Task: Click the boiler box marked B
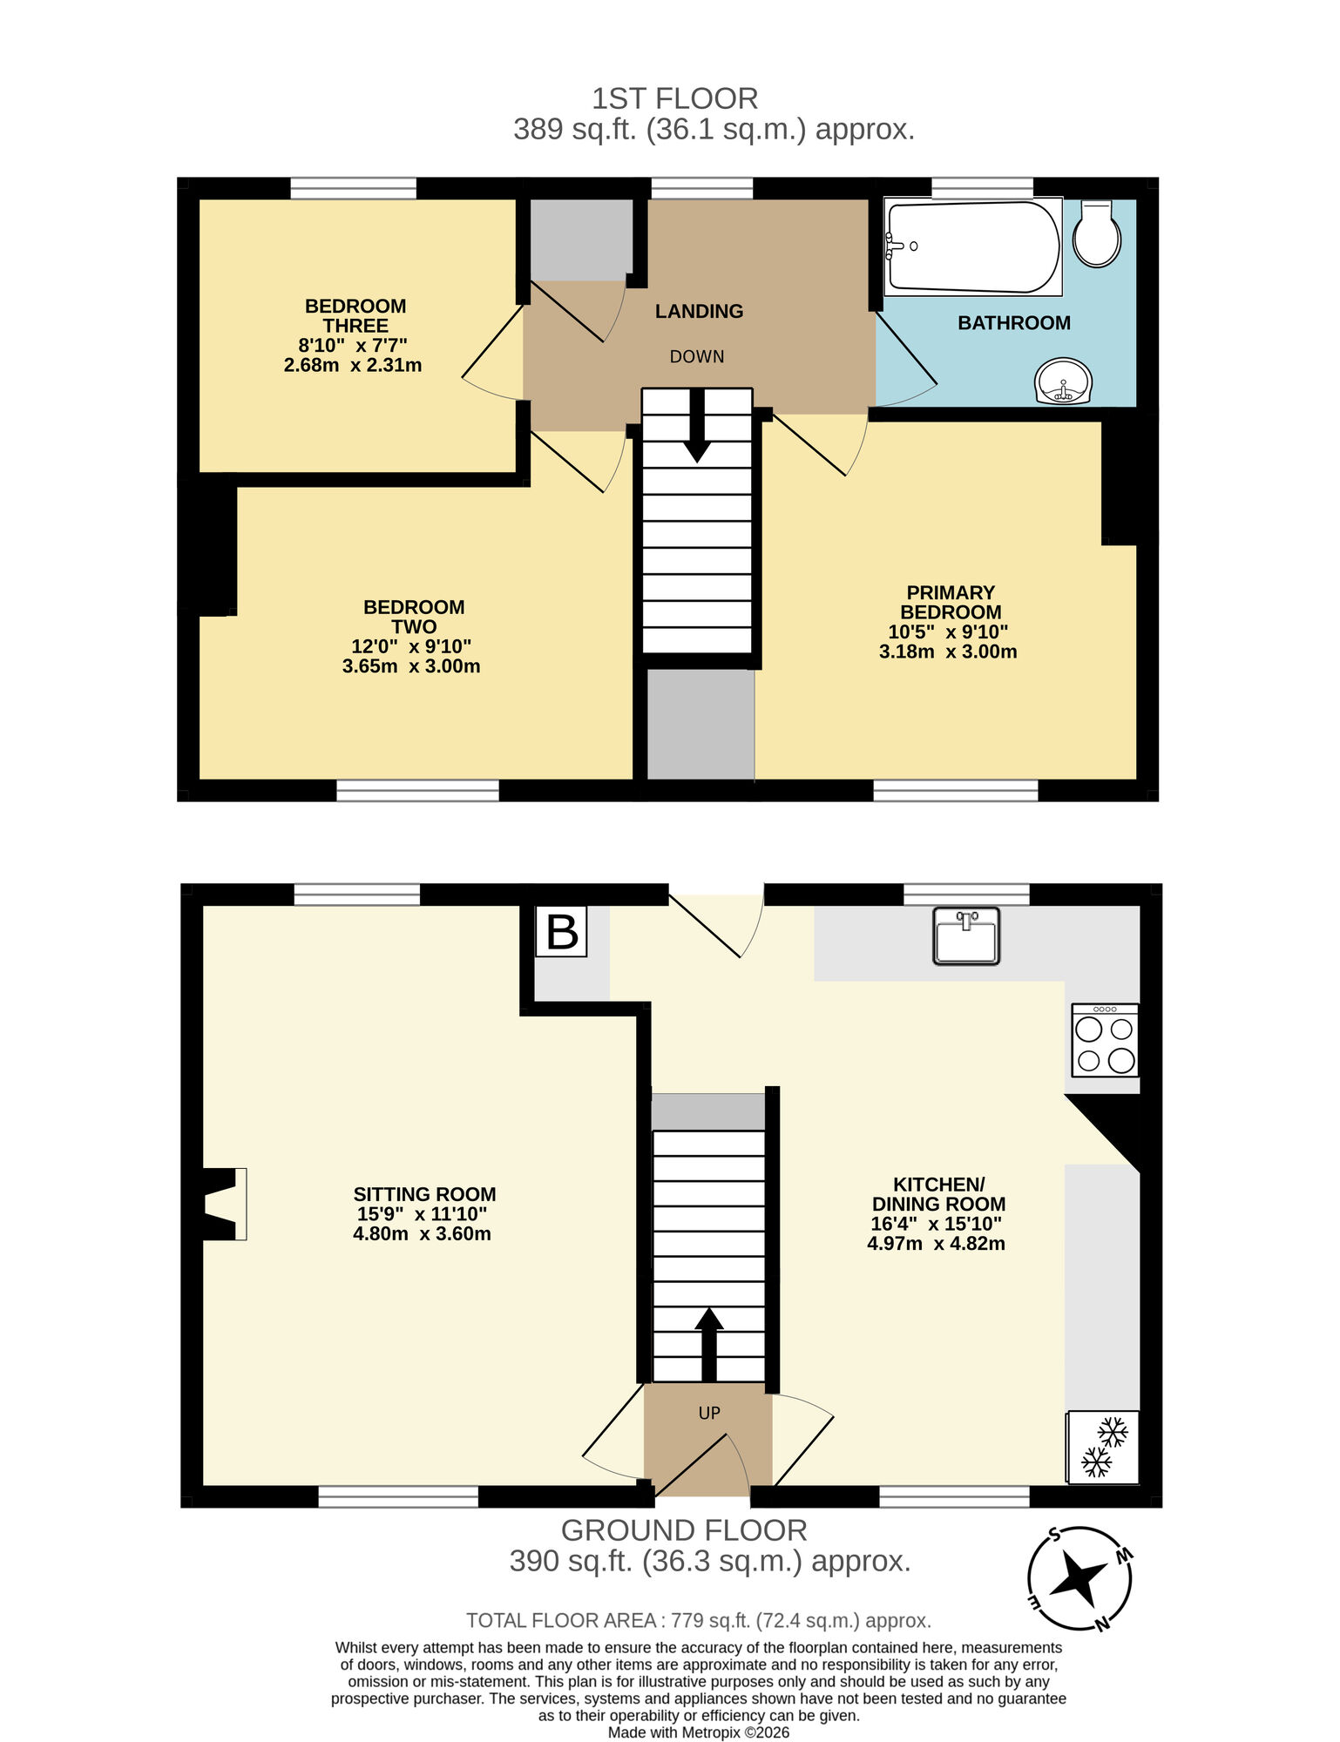pyautogui.click(x=561, y=932)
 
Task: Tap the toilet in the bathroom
pyautogui.click(x=1096, y=233)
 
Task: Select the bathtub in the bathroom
pyautogui.click(x=972, y=247)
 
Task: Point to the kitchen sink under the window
pyautogui.click(x=965, y=936)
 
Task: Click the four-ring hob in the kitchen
pyautogui.click(x=1105, y=1041)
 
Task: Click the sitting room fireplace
pyautogui.click(x=222, y=1204)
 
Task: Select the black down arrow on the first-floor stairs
pyautogui.click(x=697, y=427)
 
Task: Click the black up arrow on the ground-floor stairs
pyautogui.click(x=709, y=1344)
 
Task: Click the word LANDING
pyautogui.click(x=699, y=311)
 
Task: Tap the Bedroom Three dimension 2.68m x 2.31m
pyautogui.click(x=353, y=366)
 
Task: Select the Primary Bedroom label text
pyautogui.click(x=950, y=602)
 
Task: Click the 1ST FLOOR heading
pyautogui.click(x=674, y=98)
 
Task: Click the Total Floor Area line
pyautogui.click(x=699, y=1620)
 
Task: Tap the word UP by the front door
pyautogui.click(x=709, y=1413)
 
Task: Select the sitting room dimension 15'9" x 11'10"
pyautogui.click(x=422, y=1214)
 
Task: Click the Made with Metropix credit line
pyautogui.click(x=699, y=1732)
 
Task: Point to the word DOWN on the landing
pyautogui.click(x=697, y=356)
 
